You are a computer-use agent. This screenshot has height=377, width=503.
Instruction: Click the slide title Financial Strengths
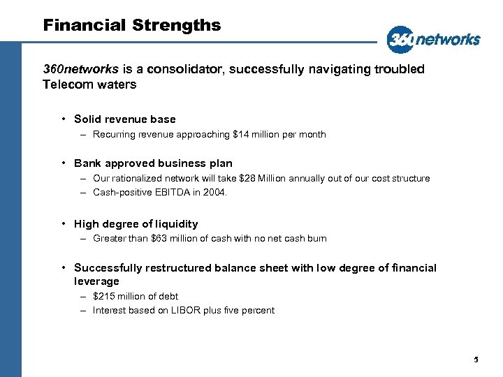pyautogui.click(x=132, y=26)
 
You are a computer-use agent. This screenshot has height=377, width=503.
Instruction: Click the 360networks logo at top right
pyautogui.click(x=433, y=39)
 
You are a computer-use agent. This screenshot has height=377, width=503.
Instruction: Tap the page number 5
pyautogui.click(x=476, y=360)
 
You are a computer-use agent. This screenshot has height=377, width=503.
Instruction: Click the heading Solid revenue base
pyautogui.click(x=124, y=119)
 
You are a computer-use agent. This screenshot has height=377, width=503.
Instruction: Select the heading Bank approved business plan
pyautogui.click(x=153, y=163)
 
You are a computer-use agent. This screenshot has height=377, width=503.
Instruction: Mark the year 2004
pyautogui.click(x=214, y=192)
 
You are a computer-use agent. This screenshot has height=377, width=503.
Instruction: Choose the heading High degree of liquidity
pyautogui.click(x=136, y=223)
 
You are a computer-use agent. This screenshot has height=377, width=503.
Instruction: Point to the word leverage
pyautogui.click(x=96, y=281)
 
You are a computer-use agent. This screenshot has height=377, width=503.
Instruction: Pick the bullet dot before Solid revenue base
pyautogui.click(x=63, y=119)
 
